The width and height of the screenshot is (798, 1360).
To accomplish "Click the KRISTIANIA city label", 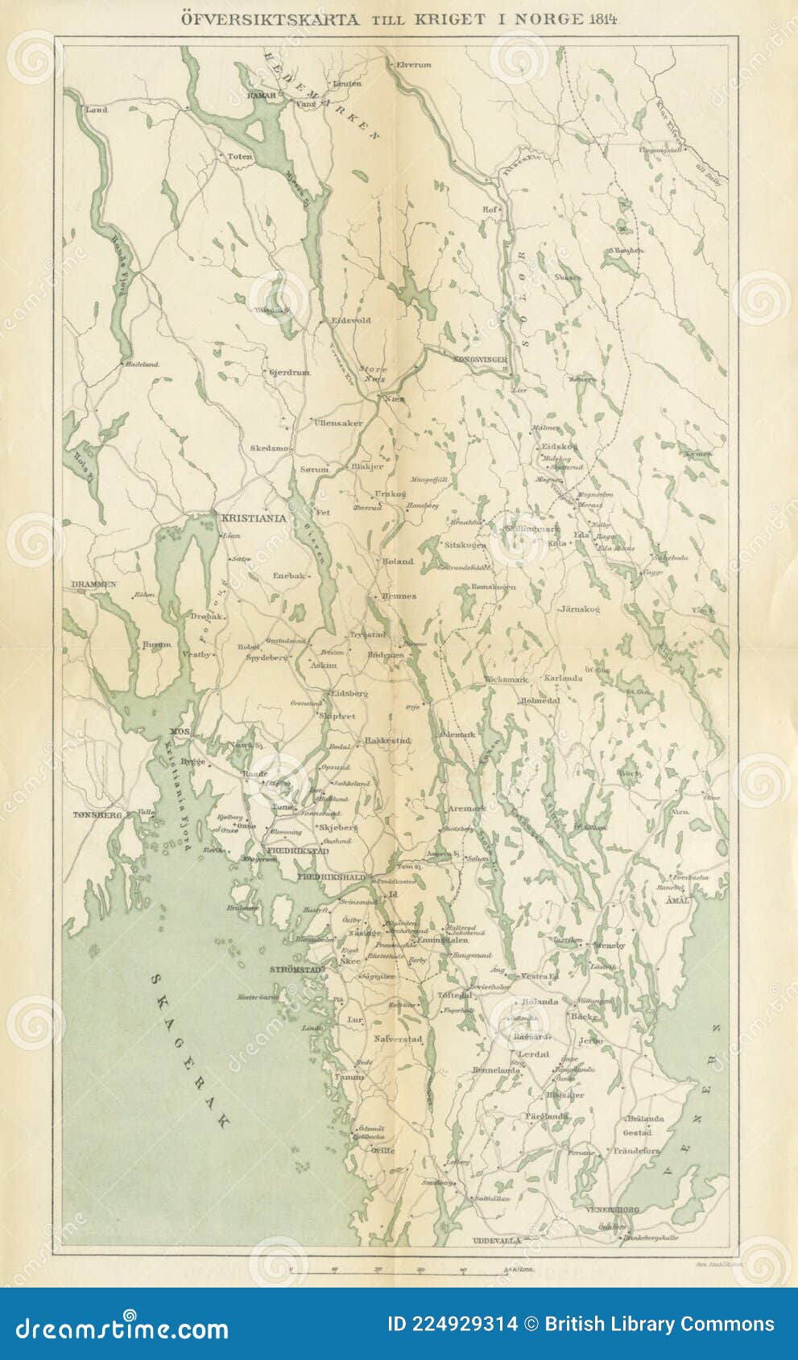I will (x=252, y=519).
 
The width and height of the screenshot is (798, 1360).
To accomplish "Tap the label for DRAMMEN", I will (x=93, y=584).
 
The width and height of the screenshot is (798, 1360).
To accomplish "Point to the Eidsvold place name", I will (x=351, y=320).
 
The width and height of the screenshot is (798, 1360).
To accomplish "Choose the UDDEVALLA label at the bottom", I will (x=498, y=1240).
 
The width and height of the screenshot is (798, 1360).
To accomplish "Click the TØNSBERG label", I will (x=97, y=814).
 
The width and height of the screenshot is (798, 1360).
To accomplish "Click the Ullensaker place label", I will (x=339, y=422).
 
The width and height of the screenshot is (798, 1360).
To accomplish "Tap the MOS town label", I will (x=178, y=731).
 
